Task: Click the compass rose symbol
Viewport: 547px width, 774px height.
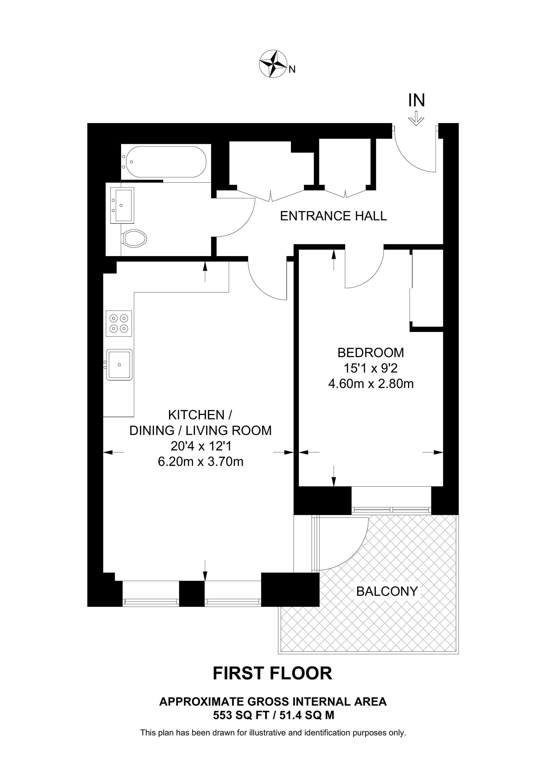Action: pyautogui.click(x=272, y=64)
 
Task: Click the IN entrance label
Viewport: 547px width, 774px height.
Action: pyautogui.click(x=416, y=100)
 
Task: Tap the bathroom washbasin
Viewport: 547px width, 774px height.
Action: pyautogui.click(x=122, y=205)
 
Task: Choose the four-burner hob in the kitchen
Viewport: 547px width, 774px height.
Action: pyautogui.click(x=119, y=323)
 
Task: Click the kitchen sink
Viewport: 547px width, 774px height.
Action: pyautogui.click(x=119, y=365)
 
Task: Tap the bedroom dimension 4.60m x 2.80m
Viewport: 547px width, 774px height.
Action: pyautogui.click(x=371, y=384)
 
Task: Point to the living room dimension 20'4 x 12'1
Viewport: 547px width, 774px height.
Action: pyautogui.click(x=201, y=446)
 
